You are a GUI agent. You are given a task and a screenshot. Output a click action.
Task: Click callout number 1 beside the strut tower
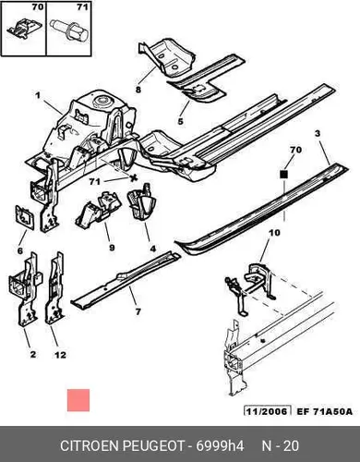38,95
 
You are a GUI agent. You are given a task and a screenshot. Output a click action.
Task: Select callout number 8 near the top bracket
138,90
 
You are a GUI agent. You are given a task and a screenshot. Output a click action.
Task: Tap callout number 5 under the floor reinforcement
180,121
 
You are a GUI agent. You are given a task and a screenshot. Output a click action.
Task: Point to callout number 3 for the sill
318,134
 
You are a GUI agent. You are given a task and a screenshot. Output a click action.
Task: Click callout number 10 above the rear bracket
274,232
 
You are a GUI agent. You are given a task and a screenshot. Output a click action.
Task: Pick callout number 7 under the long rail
138,311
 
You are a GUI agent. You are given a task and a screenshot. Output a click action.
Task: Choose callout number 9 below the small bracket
112,248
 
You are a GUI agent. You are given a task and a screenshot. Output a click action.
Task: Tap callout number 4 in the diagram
152,249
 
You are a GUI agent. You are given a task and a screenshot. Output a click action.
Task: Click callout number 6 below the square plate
20,250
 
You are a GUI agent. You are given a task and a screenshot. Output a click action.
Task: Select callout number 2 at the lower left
33,355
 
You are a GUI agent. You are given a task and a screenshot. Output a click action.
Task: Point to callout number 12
60,355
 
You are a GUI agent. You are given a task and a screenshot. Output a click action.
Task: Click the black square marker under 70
283,175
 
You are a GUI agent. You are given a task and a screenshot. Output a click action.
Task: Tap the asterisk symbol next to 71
133,178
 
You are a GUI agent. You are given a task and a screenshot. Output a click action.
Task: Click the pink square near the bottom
78,400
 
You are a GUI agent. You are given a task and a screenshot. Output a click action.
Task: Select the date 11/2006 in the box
267,411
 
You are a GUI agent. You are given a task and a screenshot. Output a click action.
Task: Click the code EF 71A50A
324,411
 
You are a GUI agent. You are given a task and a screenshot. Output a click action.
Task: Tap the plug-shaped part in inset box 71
69,30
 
